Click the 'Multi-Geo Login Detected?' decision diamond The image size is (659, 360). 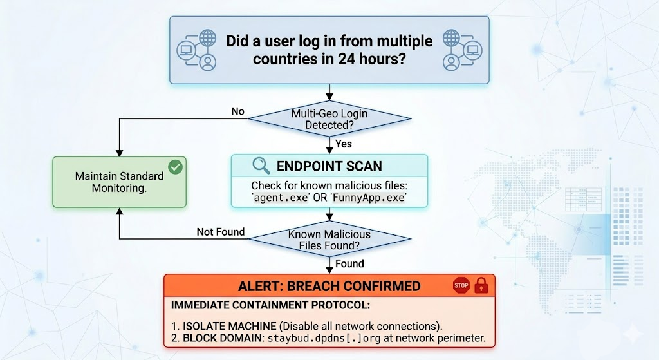click(x=329, y=119)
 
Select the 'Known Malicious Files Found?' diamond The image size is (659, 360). click(x=329, y=240)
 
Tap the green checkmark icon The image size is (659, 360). click(x=175, y=167)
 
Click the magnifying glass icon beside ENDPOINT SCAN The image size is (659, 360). click(x=261, y=166)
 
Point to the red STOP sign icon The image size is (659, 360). click(x=461, y=285)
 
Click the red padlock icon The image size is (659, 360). click(x=481, y=285)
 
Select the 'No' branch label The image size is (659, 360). click(x=237, y=111)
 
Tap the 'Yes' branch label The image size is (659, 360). click(x=344, y=144)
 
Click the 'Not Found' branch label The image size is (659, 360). click(x=221, y=232)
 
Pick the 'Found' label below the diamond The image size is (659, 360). click(x=349, y=263)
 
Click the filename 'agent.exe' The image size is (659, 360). click(x=281, y=197)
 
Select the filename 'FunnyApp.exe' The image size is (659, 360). click(x=369, y=197)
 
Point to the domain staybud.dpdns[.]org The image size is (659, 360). click(x=324, y=338)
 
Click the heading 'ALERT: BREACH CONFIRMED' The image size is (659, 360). click(x=329, y=286)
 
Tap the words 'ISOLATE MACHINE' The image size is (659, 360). click(x=230, y=326)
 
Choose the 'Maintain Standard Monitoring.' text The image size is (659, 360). click(x=119, y=182)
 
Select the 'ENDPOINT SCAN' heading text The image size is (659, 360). click(x=329, y=166)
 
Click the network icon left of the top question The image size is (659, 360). click(x=197, y=50)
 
